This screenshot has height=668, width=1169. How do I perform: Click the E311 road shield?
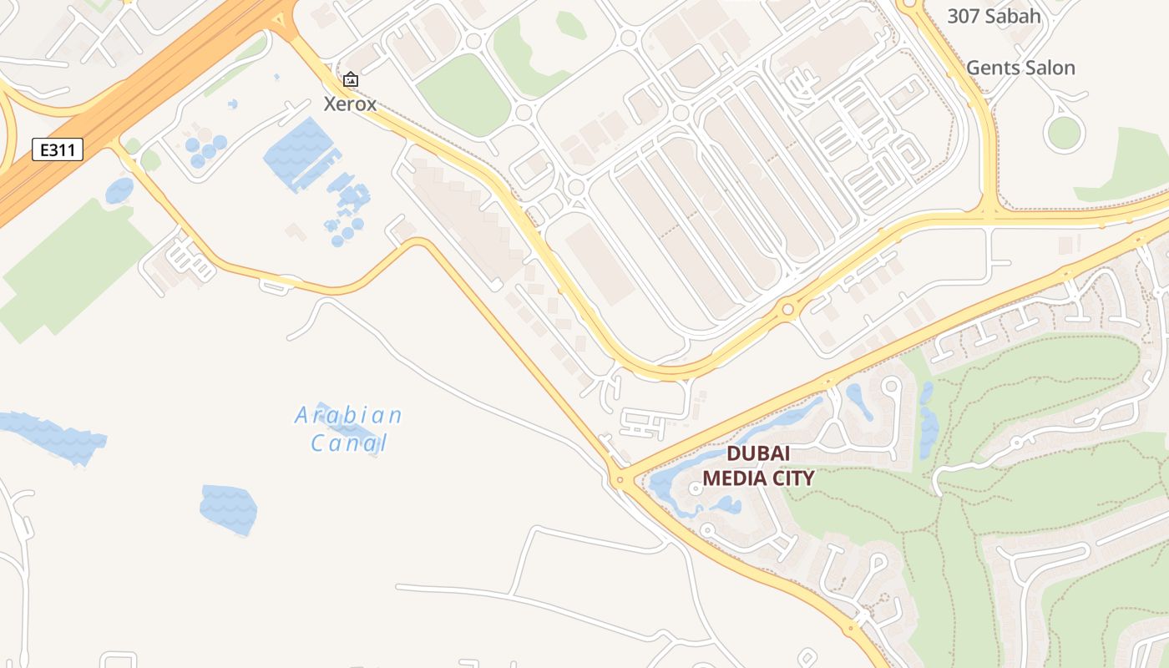pos(58,150)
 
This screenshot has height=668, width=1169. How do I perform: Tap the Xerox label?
pos(350,104)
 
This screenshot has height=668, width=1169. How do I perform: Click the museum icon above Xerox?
pos(351,79)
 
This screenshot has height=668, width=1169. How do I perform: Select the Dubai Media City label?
pos(758,466)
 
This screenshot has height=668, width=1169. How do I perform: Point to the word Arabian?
pos(349,415)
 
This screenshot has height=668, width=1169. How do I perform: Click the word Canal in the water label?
pos(349,443)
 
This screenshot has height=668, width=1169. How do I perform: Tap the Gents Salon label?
pos(1020,68)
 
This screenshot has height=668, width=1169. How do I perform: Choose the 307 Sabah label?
pos(994,16)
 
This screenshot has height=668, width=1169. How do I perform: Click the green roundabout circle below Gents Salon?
pos(1064,134)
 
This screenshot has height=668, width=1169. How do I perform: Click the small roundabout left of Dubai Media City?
pos(618,479)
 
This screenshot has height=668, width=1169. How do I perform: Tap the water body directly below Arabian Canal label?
pos(228,509)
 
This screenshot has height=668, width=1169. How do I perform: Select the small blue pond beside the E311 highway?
pos(119,190)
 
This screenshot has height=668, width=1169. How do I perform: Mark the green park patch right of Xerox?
pos(465,94)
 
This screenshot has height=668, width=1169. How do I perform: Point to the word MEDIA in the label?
pos(733,478)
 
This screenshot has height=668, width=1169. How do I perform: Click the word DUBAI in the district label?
pos(758,453)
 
